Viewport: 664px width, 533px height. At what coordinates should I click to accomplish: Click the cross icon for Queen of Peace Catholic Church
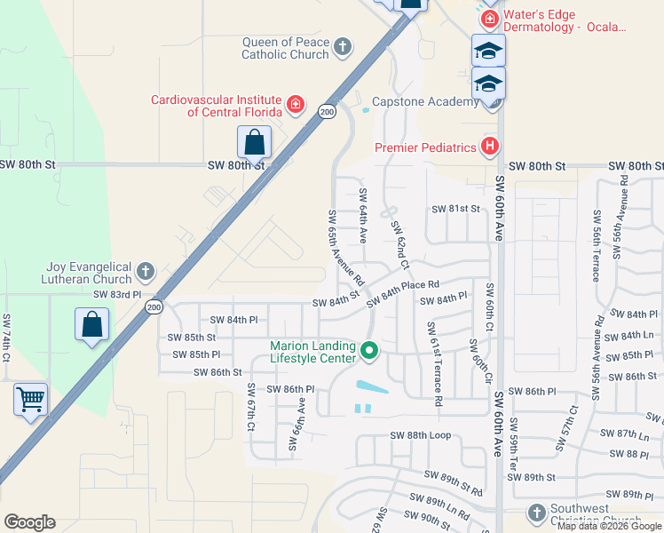pos(343,47)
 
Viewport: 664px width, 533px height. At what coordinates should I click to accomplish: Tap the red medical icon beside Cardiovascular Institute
pos(296,107)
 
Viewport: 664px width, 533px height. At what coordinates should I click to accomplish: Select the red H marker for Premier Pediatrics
pos(488,147)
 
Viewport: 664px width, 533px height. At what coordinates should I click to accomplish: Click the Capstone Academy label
pos(424,102)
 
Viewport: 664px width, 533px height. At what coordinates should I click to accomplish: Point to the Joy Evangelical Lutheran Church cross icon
pos(146,272)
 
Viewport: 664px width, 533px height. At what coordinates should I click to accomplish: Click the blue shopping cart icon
pos(31,400)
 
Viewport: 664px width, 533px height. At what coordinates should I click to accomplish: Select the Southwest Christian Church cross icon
pos(535,513)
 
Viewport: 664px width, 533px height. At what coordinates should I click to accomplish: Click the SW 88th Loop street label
pos(421,435)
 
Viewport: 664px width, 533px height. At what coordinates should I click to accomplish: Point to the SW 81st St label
pos(455,209)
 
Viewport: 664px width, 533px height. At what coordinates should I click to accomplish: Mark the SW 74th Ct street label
pos(6,338)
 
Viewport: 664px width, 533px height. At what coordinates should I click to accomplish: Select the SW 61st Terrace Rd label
pos(434,364)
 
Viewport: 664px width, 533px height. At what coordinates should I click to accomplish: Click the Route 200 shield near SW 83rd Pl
pos(154,306)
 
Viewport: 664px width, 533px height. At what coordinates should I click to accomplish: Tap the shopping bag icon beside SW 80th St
pos(254,142)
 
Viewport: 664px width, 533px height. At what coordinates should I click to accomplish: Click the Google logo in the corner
pos(29,522)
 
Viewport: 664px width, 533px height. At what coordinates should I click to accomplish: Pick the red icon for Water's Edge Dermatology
pos(488,19)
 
